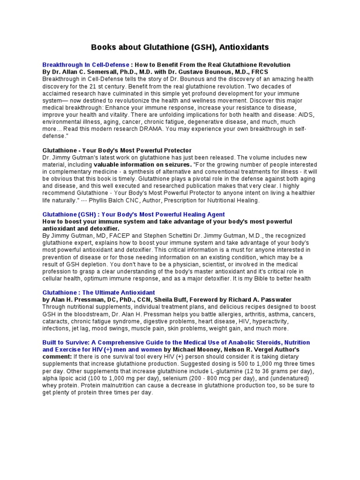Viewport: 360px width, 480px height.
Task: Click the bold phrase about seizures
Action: pos(142,165)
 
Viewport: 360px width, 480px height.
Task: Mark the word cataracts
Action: pos(55,322)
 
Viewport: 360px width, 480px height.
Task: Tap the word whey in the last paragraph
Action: pos(49,385)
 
